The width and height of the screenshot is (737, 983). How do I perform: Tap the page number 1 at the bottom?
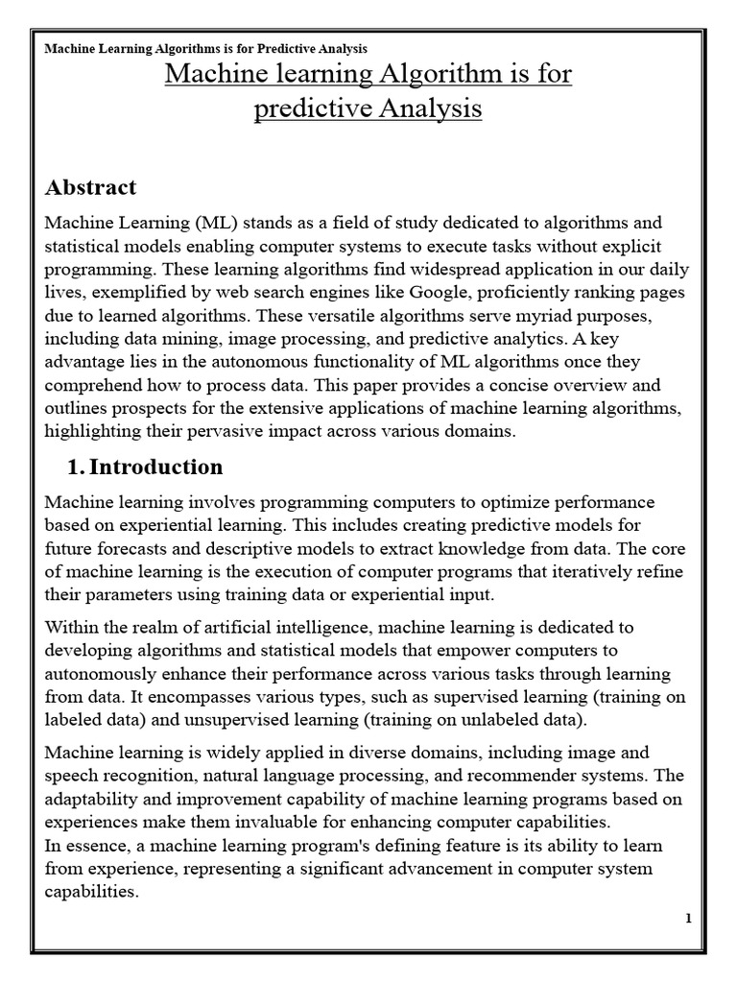point(688,919)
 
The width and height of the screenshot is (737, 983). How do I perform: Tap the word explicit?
point(632,247)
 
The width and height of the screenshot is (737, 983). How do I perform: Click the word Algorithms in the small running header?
point(173,48)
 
